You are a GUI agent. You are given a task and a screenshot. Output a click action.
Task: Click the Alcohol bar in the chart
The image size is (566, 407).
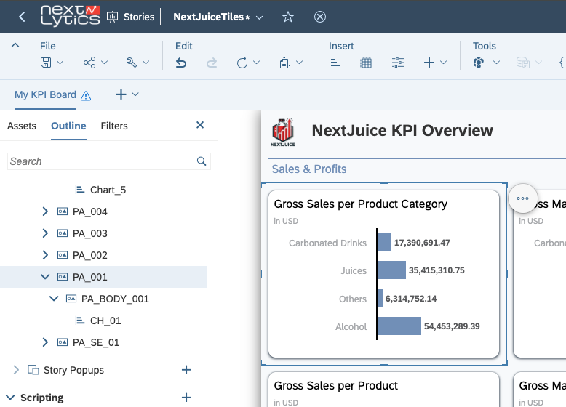pyautogui.click(x=399, y=326)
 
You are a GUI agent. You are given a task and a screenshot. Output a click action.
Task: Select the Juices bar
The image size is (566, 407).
pyautogui.click(x=392, y=270)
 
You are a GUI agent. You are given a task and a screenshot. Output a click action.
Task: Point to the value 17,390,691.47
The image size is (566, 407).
pyautogui.click(x=422, y=243)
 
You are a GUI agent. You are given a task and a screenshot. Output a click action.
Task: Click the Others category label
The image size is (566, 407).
pyautogui.click(x=353, y=299)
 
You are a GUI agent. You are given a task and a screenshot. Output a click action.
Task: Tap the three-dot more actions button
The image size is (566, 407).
pyautogui.click(x=522, y=198)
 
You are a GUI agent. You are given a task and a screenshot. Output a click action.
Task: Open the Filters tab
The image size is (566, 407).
pyautogui.click(x=114, y=126)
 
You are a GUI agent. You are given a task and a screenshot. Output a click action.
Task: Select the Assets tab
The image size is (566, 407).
pyautogui.click(x=22, y=126)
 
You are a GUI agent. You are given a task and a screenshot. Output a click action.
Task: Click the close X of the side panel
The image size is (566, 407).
pyautogui.click(x=200, y=125)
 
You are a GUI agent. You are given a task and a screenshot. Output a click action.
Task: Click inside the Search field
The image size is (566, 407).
pyautogui.click(x=102, y=161)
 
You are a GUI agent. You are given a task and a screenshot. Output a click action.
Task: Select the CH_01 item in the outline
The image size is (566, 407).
pyautogui.click(x=105, y=321)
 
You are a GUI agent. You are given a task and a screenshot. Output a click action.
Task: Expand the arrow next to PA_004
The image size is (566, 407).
pyautogui.click(x=46, y=211)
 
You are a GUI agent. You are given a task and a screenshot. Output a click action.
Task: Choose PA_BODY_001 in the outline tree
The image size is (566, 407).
pyautogui.click(x=115, y=299)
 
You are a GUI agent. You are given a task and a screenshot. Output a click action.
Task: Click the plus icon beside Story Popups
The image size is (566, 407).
pyautogui.click(x=186, y=370)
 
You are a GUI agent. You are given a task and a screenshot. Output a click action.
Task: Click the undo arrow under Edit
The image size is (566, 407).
pyautogui.click(x=182, y=63)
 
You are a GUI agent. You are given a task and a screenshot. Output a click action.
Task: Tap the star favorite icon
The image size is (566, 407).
pyautogui.click(x=288, y=17)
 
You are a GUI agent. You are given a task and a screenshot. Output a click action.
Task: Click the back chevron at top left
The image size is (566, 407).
pyautogui.click(x=22, y=17)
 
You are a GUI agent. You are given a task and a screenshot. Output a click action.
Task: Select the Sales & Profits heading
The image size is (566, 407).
pyautogui.click(x=309, y=169)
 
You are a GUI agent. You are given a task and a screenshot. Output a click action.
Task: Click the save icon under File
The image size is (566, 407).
pyautogui.click(x=46, y=63)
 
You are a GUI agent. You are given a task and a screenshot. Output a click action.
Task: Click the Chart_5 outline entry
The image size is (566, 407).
pyautogui.click(x=108, y=190)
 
